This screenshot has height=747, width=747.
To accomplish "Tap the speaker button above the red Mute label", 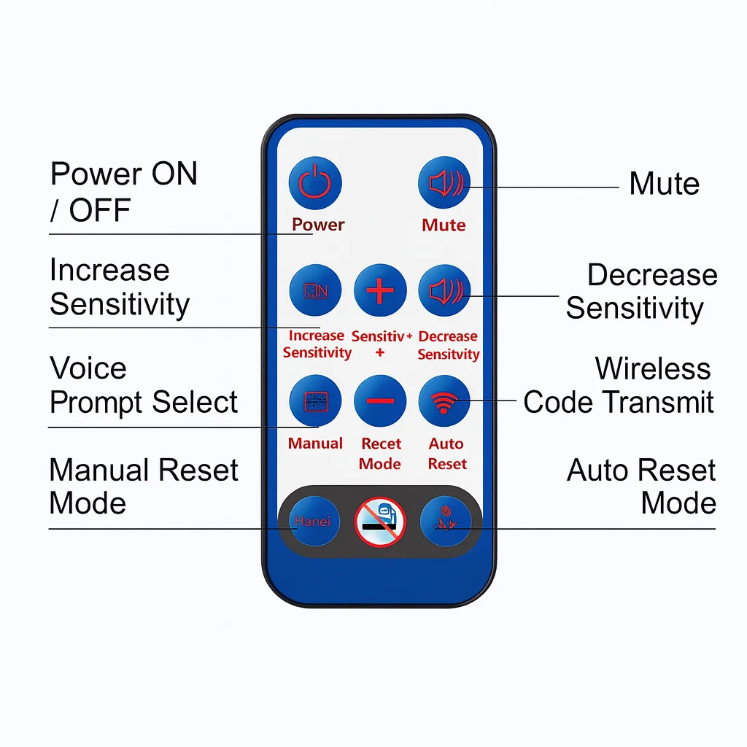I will (444, 182).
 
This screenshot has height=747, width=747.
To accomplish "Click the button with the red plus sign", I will (380, 290).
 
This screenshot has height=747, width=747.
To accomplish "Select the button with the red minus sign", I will (380, 400).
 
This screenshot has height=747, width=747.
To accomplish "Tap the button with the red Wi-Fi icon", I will (444, 400).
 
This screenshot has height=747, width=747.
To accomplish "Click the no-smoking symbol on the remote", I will (380, 522).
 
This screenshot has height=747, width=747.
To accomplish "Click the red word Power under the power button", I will (318, 225).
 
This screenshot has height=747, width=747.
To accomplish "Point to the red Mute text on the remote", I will (444, 225).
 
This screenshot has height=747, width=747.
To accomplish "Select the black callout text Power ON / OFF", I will (123, 193).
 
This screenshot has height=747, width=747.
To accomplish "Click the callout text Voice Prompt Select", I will (143, 385).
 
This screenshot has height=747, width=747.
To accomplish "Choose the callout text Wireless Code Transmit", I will (619, 385).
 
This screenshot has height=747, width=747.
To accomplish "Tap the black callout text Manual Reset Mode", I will (143, 487).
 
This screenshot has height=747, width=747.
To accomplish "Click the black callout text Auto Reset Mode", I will (641, 487).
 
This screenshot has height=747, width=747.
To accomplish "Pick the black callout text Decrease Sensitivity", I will (641, 291).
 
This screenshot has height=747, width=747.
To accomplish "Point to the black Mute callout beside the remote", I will (664, 184).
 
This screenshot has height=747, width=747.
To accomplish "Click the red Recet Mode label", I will (381, 454).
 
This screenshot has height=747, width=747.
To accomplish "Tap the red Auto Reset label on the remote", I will (446, 454).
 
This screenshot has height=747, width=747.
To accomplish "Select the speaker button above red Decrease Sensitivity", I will (444, 290).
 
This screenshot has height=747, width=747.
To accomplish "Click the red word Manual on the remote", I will (315, 444).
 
